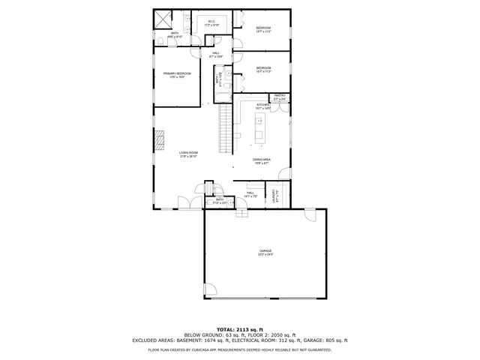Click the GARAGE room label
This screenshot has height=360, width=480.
coord(265,252)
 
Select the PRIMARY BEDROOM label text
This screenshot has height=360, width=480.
coord(178,74)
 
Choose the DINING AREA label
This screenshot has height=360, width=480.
coord(261,160)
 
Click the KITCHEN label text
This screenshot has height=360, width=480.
coord(262,106)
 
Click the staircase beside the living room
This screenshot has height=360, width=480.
coord(224,127)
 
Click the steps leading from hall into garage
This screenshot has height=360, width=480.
coord(241,212)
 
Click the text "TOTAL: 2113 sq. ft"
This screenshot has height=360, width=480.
coord(241,329)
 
